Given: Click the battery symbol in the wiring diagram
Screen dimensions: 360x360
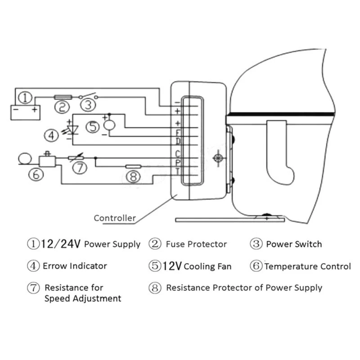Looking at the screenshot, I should coord(25,111).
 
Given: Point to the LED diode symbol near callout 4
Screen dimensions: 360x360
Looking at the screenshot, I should coord(72,130).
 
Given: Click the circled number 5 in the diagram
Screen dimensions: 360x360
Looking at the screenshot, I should coord(93,126).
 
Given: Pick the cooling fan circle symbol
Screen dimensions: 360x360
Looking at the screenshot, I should coord(109,123).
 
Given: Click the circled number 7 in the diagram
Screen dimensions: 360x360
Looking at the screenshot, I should coord(79,167).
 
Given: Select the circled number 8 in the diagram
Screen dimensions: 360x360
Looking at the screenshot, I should coord(133,177).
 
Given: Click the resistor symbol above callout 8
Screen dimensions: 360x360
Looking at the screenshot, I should coord(133,166).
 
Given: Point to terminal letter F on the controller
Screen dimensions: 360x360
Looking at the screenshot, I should coord(178,133).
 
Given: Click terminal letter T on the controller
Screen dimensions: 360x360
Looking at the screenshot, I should coord(178,171).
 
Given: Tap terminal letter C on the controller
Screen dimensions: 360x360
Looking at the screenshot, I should coord(178,153).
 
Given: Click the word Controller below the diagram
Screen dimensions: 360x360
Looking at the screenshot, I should coord(115,218).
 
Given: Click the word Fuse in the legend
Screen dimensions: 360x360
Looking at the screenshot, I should coord(175,244).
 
